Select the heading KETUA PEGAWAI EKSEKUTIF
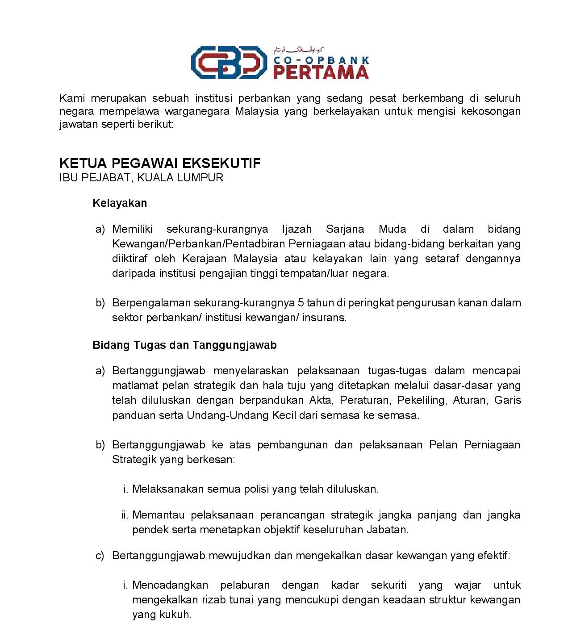click(x=160, y=163)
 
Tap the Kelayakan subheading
click(x=120, y=203)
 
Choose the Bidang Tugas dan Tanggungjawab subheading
click(x=184, y=345)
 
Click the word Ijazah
click(x=297, y=230)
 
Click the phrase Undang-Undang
click(x=228, y=415)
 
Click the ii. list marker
click(x=125, y=515)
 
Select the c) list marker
click(x=100, y=556)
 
